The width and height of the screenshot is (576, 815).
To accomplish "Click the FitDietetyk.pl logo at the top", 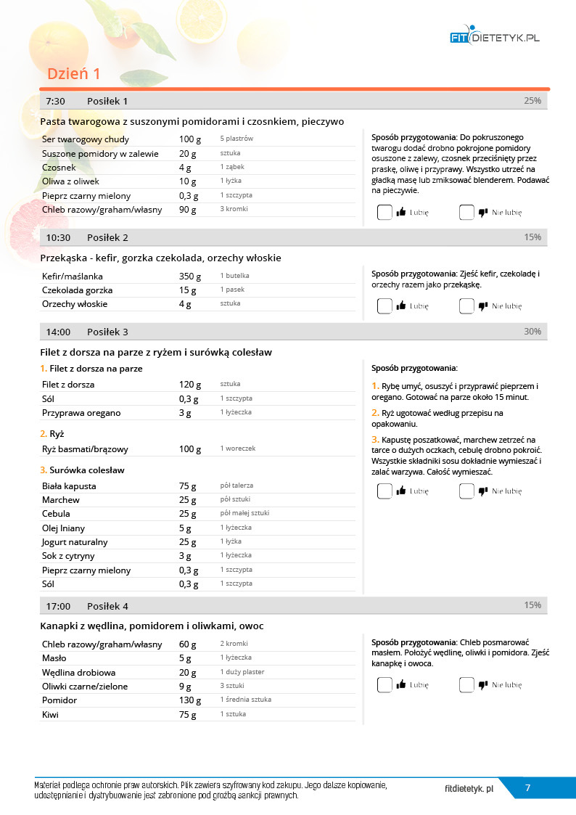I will coord(495,37).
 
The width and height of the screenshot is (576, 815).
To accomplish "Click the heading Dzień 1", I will coord(74,74).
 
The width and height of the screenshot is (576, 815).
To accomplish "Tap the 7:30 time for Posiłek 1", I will coord(56,101).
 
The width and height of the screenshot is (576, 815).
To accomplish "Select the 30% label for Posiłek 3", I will coord(532,332).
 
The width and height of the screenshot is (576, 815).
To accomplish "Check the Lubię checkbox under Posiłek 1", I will coord(384,213).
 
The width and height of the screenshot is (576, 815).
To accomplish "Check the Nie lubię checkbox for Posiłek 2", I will coord(466,306).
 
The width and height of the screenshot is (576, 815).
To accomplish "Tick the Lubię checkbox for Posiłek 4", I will coord(384,684).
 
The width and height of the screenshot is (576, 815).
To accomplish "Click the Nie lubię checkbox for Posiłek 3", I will coord(466,491).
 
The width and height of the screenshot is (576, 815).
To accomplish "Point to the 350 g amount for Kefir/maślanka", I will coord(191,277).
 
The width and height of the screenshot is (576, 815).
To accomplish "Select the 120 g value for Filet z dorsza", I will coord(190,385).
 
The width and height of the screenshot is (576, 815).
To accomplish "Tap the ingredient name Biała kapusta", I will coord(69,486).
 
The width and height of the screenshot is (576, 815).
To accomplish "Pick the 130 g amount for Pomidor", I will coord(190,700).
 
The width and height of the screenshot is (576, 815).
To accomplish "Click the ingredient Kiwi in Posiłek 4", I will coord(50,715).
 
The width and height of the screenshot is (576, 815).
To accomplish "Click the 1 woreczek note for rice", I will coord(238,449).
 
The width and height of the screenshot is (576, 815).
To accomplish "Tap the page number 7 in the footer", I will coord(527,788).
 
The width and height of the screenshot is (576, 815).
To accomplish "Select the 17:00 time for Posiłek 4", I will coord(58,606).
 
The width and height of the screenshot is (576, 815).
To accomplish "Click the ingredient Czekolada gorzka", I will coord(77,290).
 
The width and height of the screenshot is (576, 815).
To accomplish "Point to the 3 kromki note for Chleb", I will coord(234,209).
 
